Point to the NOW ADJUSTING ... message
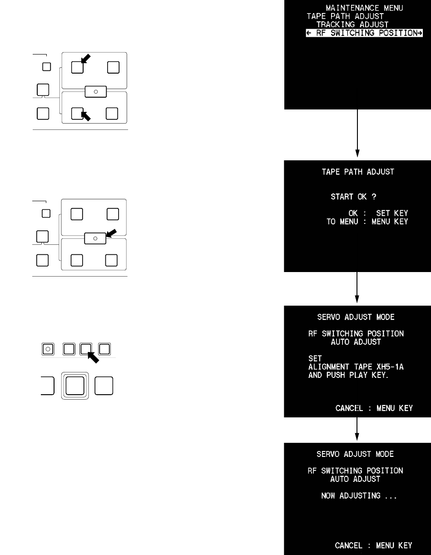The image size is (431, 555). coord(359,496)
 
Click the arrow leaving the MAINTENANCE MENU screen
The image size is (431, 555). coord(357,132)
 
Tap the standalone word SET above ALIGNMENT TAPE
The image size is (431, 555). coord(315,358)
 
